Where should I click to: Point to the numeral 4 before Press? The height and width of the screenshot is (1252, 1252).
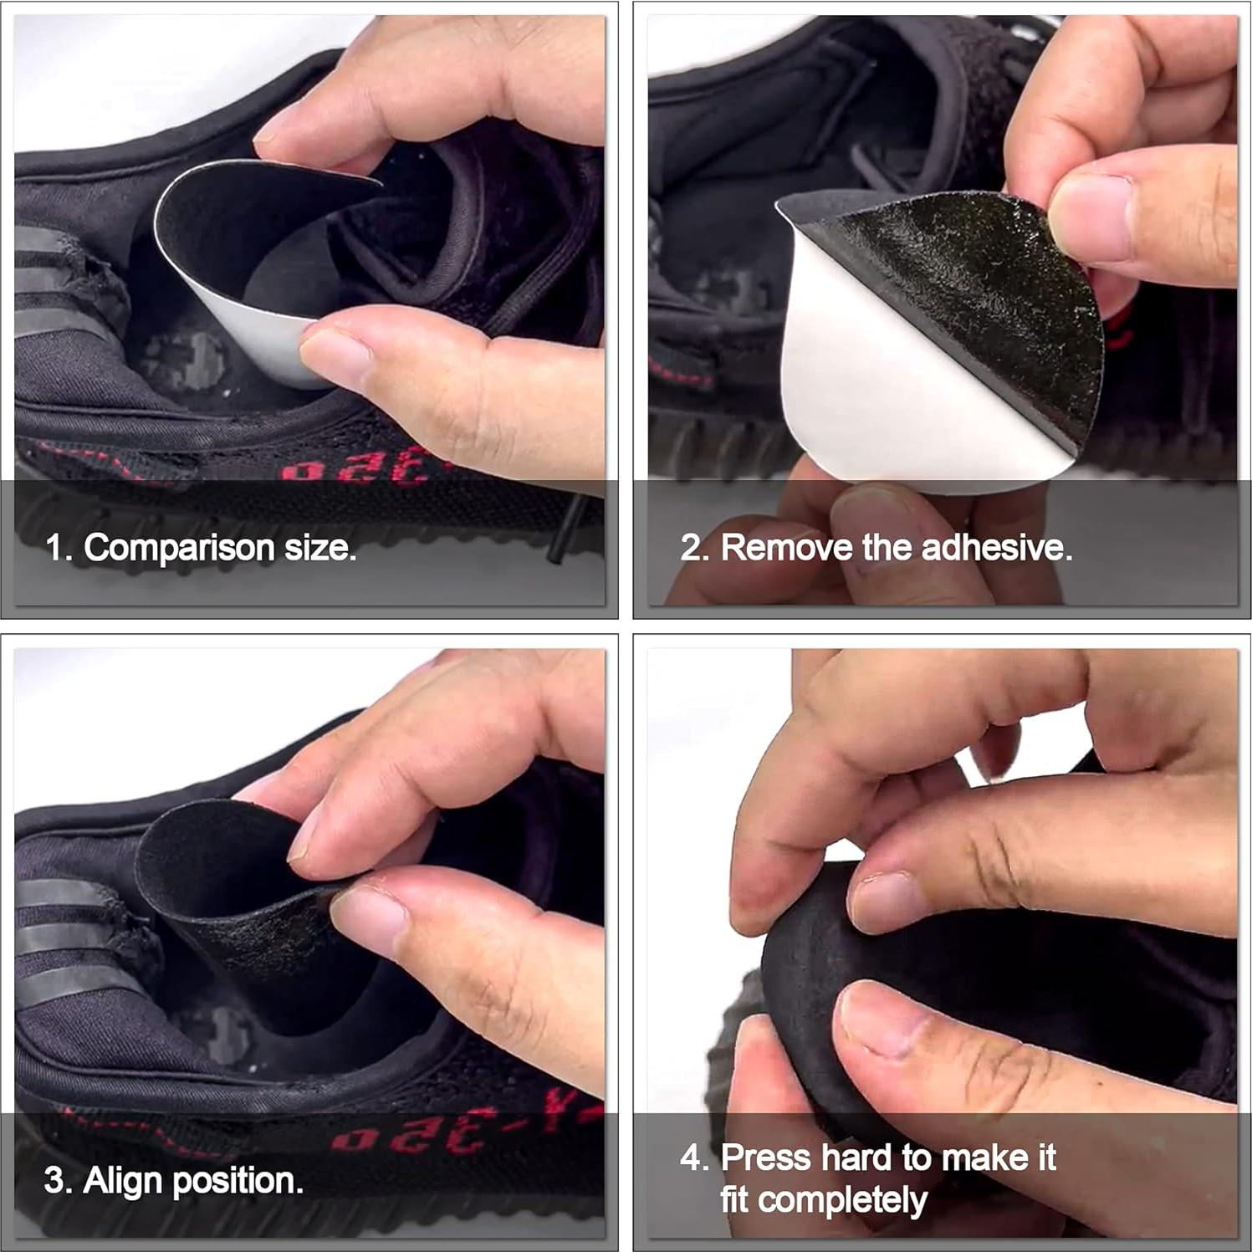pos(692,1158)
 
